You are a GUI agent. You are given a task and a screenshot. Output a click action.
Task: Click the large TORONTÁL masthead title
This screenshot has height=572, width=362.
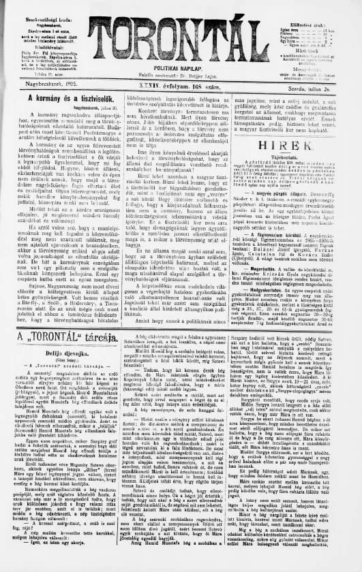180,35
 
